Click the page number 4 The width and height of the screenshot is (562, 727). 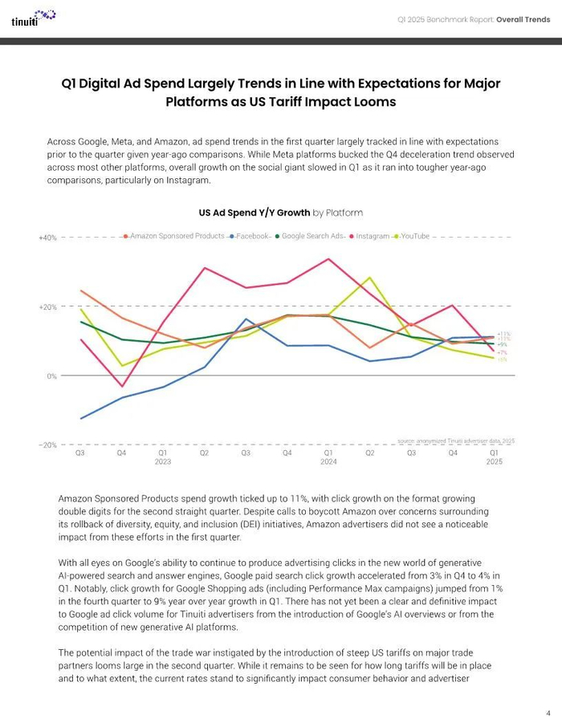[x=548, y=713]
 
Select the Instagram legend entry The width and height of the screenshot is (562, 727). [x=372, y=237]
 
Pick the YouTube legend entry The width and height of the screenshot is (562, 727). [x=414, y=237]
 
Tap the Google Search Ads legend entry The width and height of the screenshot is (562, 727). [x=312, y=237]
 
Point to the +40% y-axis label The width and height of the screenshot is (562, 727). [x=47, y=238]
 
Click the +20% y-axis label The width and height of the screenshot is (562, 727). [x=47, y=307]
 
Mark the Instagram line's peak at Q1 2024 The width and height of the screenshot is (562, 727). [x=328, y=259]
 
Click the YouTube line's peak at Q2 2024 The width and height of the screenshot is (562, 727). [x=369, y=278]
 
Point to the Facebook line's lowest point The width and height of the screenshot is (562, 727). [x=80, y=418]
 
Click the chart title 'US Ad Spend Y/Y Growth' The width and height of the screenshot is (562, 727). [x=254, y=213]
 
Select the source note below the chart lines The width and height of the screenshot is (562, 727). [x=456, y=441]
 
